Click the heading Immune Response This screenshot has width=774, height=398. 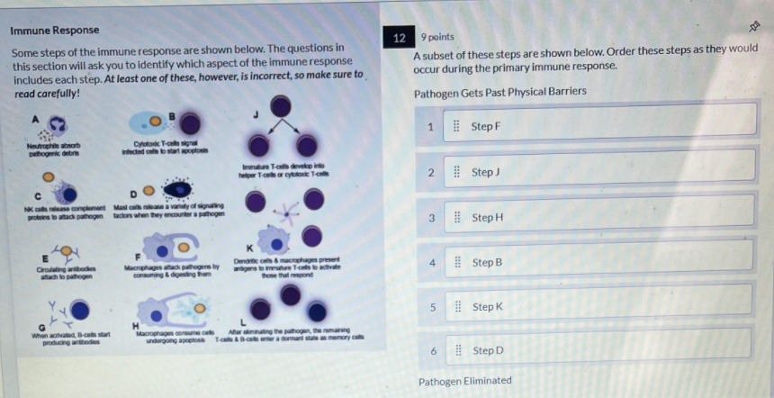tap(54, 30)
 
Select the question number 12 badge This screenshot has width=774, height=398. tap(400, 38)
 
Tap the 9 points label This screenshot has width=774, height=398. tap(437, 37)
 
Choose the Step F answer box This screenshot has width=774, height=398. tap(598, 126)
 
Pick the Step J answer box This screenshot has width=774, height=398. tap(598, 171)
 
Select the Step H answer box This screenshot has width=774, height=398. tap(598, 217)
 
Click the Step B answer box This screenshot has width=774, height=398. tap(598, 262)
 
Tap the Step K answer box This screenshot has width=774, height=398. tap(598, 307)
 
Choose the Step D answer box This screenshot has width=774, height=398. tap(598, 350)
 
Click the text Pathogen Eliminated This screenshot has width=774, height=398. tap(464, 382)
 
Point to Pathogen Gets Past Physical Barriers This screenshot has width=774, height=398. tap(499, 92)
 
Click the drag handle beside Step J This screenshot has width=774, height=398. tap(456, 171)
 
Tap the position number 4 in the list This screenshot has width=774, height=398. tap(431, 262)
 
